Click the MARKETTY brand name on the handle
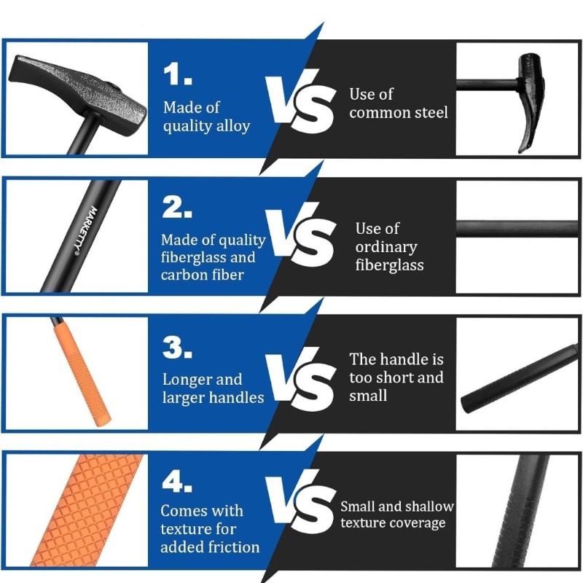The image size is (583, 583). click(x=85, y=230)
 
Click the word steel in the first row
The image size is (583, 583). click(x=429, y=112)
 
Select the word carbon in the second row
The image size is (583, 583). click(x=182, y=275)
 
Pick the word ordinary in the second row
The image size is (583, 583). click(x=386, y=248)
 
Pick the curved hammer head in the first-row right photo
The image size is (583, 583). click(x=532, y=101)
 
